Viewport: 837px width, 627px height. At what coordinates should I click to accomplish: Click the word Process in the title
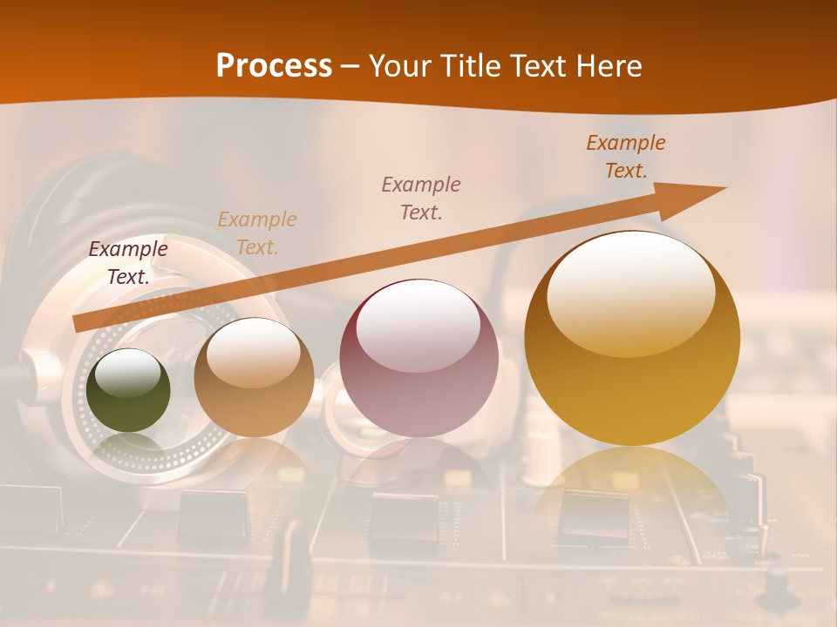(x=274, y=66)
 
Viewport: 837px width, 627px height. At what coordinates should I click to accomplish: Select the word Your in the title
(x=398, y=66)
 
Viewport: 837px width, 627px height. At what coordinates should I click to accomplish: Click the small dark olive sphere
(x=129, y=391)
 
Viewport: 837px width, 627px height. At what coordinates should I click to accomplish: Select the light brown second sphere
(x=254, y=378)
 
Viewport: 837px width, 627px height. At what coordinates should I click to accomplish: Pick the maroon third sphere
(x=419, y=359)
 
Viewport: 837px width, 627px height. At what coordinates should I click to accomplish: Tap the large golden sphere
(x=632, y=340)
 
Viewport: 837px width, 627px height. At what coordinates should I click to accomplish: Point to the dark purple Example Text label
(x=128, y=263)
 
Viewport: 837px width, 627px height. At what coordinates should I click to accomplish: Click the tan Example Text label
(x=257, y=233)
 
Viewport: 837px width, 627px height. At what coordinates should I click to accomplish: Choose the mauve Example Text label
(x=421, y=199)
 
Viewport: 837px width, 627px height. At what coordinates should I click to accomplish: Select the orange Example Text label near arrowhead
(x=626, y=157)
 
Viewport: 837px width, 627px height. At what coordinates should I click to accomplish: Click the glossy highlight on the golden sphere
(x=630, y=292)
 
